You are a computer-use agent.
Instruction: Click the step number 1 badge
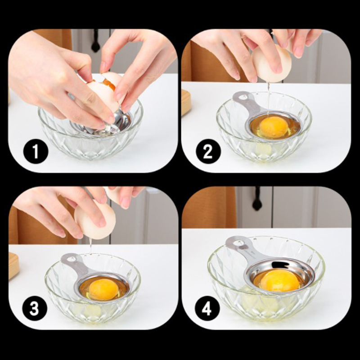(36, 151)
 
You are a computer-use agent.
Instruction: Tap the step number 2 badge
(208, 151)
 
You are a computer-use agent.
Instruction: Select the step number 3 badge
(35, 308)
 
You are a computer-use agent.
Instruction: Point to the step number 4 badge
(207, 308)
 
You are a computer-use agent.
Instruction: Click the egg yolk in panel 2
(273, 127)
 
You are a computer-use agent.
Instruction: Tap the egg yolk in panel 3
(103, 289)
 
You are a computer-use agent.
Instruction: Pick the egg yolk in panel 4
(280, 280)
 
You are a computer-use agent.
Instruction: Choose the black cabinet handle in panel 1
(96, 41)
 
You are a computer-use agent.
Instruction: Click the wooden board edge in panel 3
(13, 265)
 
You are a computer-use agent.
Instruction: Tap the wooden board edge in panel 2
(186, 103)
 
